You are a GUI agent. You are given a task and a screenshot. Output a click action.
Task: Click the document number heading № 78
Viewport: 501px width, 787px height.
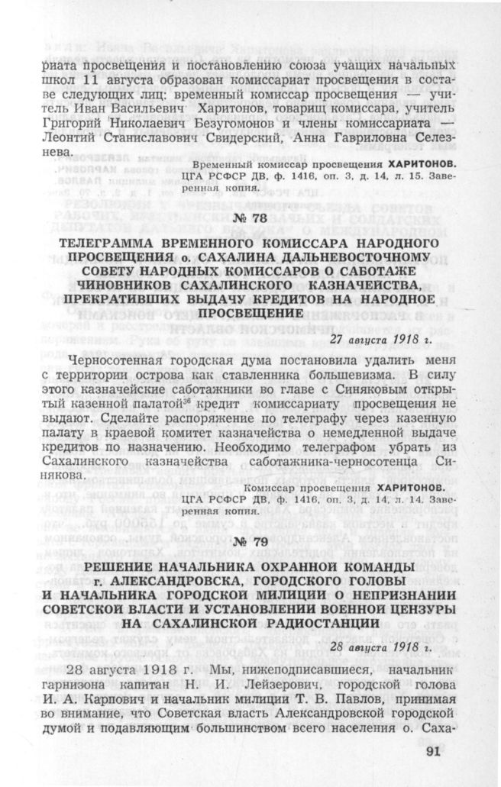pos(250,221)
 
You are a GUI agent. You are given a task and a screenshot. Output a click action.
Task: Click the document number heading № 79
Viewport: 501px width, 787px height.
pos(250,541)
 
